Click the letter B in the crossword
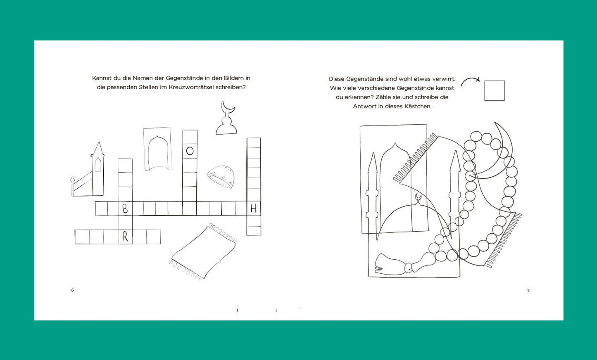pyautogui.click(x=125, y=209)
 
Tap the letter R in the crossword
pyautogui.click(x=125, y=237)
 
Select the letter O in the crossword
pyautogui.click(x=190, y=151)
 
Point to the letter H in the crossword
pyautogui.click(x=253, y=208)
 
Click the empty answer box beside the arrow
pyautogui.click(x=495, y=90)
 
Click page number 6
pyautogui.click(x=72, y=290)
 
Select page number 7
pyautogui.click(x=528, y=291)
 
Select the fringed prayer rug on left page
pyautogui.click(x=203, y=251)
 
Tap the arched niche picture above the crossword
pyautogui.click(x=157, y=149)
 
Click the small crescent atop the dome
pyautogui.click(x=418, y=197)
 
